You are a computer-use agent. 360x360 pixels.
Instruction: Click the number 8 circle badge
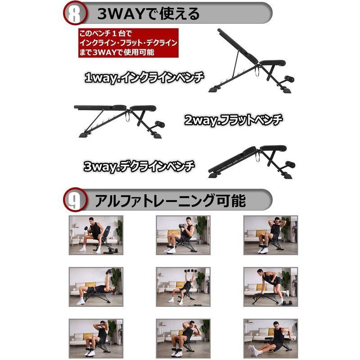coord(75,13)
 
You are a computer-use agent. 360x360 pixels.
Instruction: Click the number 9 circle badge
coord(75,200)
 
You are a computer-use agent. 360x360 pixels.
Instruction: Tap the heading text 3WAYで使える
coord(148,14)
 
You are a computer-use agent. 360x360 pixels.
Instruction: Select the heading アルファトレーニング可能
coord(170,200)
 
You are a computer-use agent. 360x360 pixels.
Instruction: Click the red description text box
coord(128,43)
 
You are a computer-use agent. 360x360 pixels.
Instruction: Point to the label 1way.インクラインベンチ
coord(144,78)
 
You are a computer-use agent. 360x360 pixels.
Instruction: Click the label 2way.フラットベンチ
coord(233,120)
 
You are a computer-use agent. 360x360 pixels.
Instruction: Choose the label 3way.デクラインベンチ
coord(139,166)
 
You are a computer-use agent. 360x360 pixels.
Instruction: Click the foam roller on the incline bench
coord(289,79)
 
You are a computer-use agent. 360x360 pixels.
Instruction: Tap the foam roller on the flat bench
coord(160,124)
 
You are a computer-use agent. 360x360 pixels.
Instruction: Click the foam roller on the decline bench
coord(290,164)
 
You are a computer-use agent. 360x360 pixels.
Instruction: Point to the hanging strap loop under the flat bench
coord(127,116)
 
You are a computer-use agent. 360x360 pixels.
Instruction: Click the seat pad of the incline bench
coord(273,63)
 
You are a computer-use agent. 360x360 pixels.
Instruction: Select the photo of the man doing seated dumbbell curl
coord(96,235)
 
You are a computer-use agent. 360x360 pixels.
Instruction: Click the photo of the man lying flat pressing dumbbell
coord(96,287)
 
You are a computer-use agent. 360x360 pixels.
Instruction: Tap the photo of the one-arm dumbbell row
coord(271,287)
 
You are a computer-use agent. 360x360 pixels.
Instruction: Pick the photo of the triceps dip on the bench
coord(271,338)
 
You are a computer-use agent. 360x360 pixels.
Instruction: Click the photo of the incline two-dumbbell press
coord(183,287)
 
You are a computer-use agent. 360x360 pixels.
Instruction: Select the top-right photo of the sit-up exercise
coord(271,235)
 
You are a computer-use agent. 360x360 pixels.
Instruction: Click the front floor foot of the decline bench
coord(214,175)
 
